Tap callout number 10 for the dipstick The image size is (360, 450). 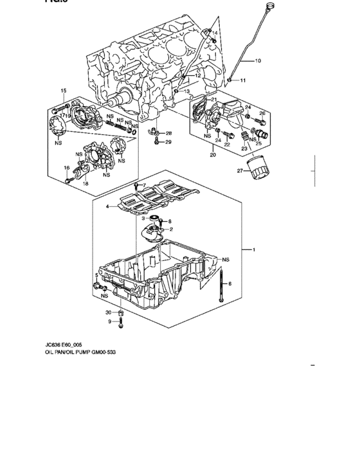point(258,62)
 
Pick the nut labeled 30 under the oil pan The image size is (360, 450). point(122,312)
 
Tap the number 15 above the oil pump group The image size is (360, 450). point(64,90)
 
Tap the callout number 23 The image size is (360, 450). point(244,147)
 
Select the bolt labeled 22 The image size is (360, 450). point(218,138)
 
